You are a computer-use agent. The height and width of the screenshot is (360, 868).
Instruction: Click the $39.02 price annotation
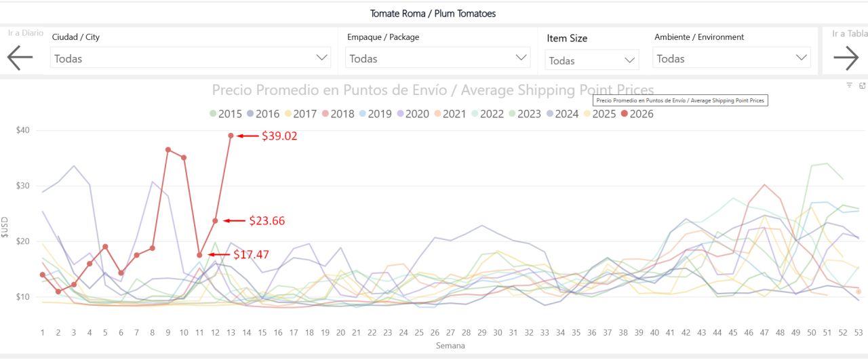279,136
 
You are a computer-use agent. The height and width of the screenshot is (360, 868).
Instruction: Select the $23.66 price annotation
267,220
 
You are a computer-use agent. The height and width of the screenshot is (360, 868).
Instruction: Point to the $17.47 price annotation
251,255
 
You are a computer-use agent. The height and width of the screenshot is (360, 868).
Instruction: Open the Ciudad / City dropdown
191,58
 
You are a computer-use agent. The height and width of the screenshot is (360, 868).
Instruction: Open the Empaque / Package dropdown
437,58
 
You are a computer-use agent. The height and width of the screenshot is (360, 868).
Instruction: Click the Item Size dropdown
591,60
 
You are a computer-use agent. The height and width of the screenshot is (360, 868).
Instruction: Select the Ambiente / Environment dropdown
732,58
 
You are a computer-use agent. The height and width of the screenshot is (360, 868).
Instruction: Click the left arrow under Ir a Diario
20,58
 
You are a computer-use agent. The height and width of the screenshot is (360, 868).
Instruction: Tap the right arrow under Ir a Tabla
846,58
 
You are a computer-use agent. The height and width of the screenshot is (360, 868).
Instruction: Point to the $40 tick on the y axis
28,130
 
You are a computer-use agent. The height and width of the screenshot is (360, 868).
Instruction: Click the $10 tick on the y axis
28,297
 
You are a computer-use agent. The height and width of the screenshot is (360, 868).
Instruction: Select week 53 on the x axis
858,333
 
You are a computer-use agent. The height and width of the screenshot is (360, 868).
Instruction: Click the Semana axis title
450,346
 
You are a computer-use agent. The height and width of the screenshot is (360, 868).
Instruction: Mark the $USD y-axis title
5,228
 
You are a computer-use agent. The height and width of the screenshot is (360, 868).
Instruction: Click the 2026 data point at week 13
231,136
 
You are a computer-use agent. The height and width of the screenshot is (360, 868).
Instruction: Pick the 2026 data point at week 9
167,150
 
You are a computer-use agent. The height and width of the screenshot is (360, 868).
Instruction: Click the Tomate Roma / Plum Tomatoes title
433,14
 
